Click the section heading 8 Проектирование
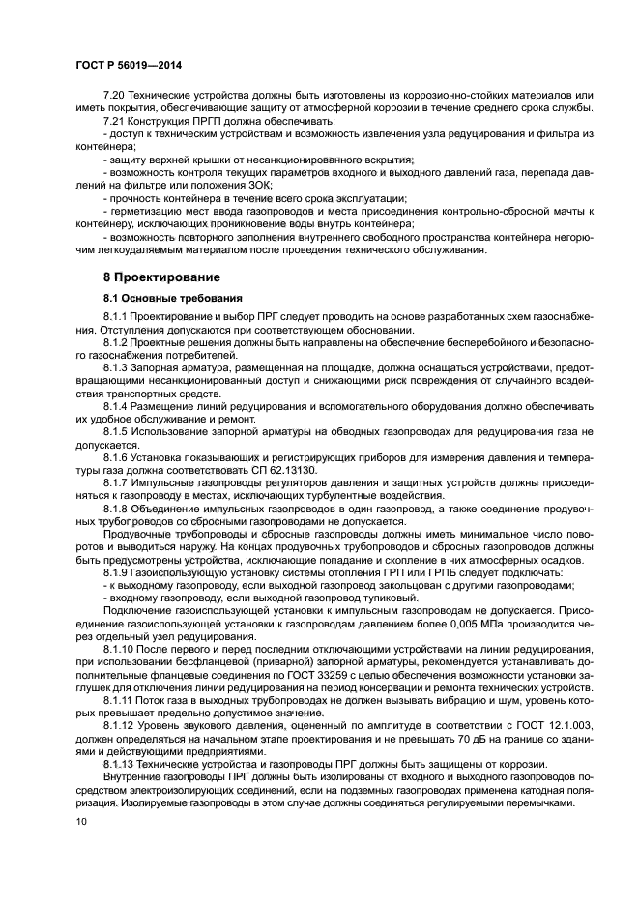160,277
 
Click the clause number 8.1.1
116,317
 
